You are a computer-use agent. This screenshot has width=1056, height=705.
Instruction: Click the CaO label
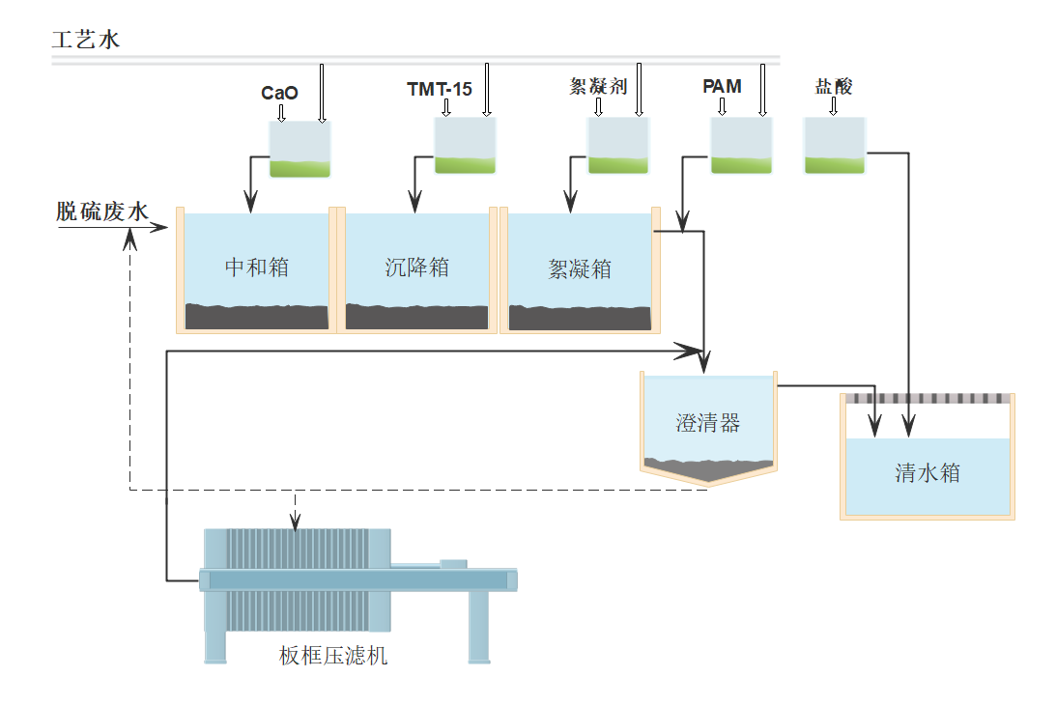click(279, 94)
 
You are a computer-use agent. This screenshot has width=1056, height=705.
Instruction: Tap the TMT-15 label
click(440, 90)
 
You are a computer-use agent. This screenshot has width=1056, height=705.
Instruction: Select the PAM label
click(722, 87)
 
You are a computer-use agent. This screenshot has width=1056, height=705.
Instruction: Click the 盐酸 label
click(834, 87)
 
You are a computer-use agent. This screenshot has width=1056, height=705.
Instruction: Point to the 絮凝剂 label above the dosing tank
click(599, 87)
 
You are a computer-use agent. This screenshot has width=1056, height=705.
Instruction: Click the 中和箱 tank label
click(257, 268)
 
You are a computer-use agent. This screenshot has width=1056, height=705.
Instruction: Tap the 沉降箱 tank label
click(417, 268)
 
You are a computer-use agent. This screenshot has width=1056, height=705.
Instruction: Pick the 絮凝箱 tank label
click(580, 268)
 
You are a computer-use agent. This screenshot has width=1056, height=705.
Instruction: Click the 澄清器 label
click(707, 422)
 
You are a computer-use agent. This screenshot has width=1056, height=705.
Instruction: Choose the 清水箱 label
click(928, 473)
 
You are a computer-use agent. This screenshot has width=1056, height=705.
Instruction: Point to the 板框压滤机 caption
click(333, 657)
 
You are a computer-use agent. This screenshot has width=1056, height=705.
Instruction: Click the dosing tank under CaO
click(300, 151)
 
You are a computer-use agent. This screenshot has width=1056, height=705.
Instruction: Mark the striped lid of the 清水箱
click(928, 398)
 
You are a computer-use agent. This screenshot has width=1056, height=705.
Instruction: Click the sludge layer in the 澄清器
click(707, 468)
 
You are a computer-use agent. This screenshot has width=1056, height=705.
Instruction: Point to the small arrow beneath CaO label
click(281, 113)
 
